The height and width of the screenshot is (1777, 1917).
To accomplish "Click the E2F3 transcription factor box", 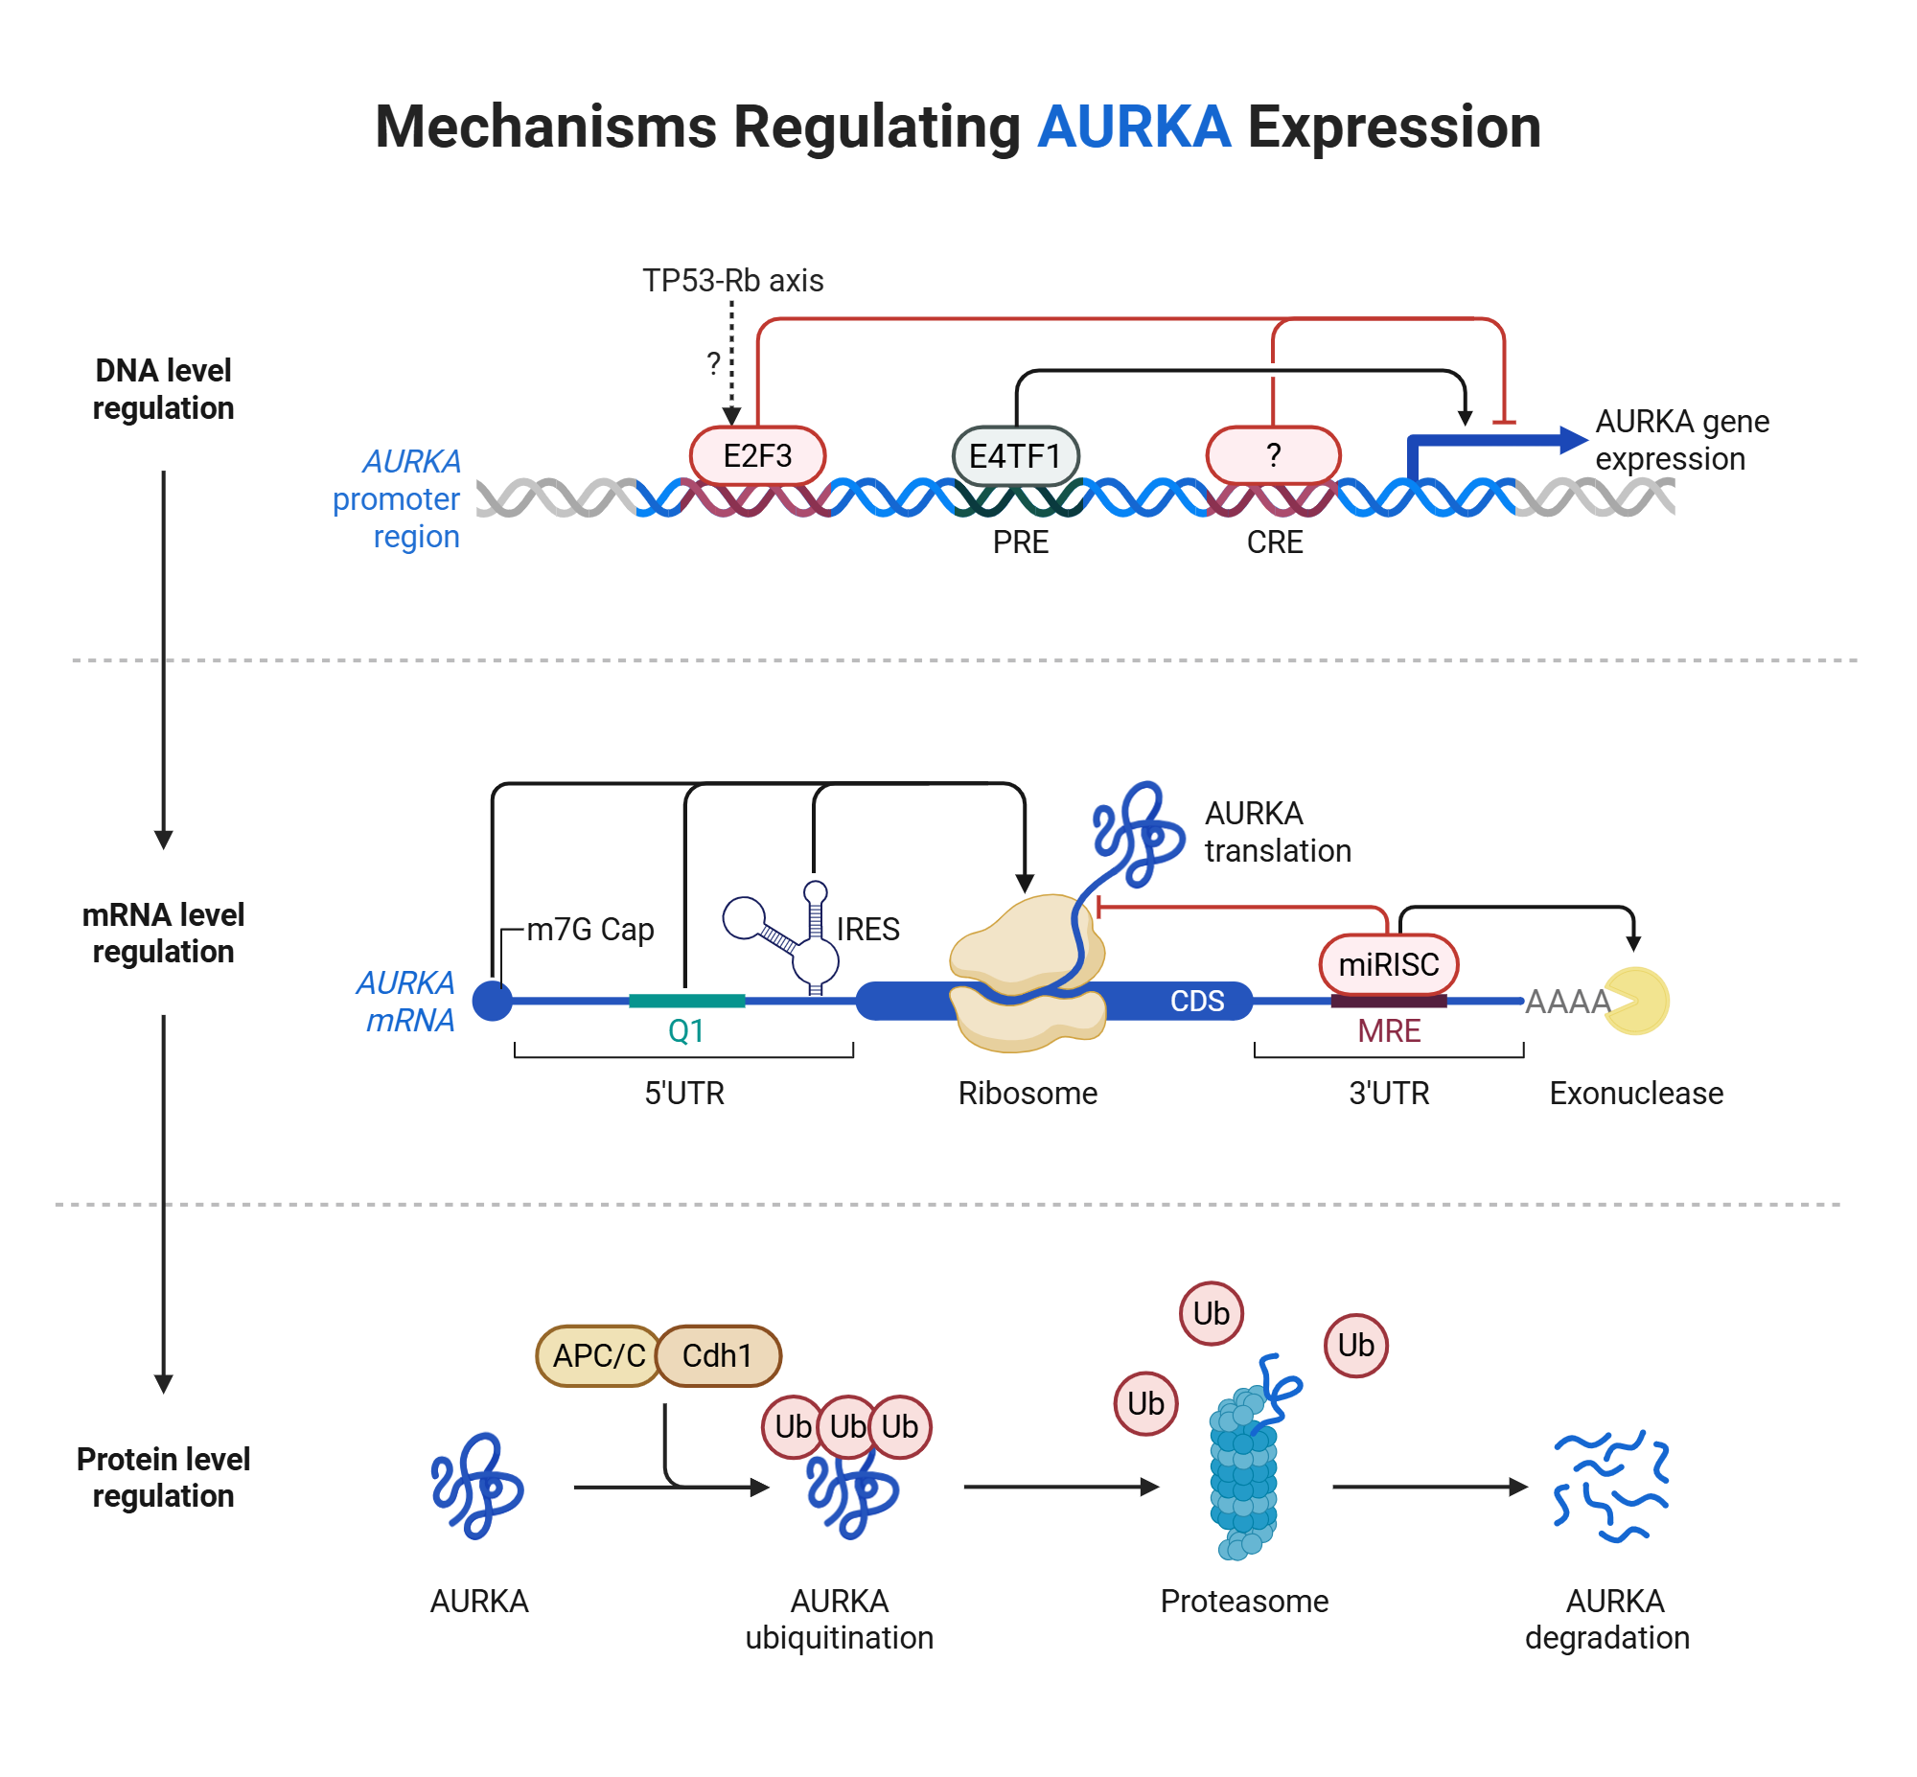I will pos(756,455).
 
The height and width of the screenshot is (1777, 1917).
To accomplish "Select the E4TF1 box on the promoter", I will pos(1014,455).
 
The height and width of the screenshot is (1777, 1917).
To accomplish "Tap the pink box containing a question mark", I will pos(1272,455).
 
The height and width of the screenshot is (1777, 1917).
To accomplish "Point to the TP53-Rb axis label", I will pos(731,280).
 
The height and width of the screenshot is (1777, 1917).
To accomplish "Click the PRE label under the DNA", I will pos(1019,542).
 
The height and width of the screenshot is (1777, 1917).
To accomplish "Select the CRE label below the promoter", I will pos(1274,542).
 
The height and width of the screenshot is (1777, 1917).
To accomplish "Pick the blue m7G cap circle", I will pos(493,1000).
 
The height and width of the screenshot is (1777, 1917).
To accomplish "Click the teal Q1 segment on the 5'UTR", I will pos(685,1000).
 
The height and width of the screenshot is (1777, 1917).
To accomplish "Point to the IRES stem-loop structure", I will pos(788,933).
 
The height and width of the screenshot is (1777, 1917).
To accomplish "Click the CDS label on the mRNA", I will pos(1196,1001).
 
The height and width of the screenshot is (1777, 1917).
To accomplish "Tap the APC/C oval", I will pos(598,1355).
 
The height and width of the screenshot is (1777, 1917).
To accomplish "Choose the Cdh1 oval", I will pos(717,1355).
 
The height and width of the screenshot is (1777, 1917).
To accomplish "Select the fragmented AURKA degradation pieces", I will pos(1610,1486).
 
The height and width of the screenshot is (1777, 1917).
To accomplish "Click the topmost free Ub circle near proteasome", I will pos(1211,1312).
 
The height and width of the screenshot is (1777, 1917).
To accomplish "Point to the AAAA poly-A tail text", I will pos(1566,1001).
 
